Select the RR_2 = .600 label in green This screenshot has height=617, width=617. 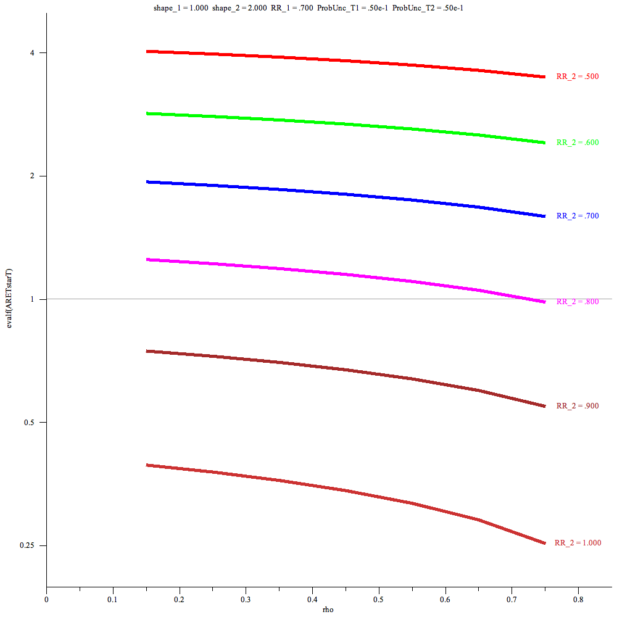578,143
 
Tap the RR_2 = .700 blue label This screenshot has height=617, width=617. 578,216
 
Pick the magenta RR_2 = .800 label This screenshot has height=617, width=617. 578,302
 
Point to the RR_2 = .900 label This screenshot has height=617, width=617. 578,406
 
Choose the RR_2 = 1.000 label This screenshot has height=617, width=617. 578,543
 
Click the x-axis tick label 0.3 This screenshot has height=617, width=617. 246,598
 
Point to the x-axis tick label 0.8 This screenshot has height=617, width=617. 578,598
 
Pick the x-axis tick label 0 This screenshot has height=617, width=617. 46,598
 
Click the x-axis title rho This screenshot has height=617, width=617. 328,610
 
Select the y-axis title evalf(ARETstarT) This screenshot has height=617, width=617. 9,299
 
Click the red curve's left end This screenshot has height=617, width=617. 147,51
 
